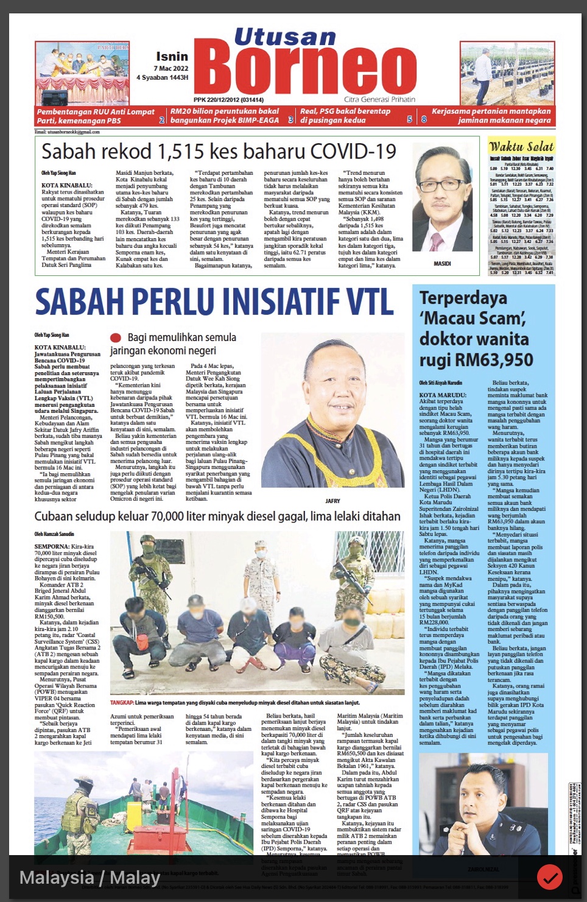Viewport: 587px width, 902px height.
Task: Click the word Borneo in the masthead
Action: pyautogui.click(x=304, y=70)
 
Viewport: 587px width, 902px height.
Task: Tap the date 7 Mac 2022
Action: pyautogui.click(x=170, y=68)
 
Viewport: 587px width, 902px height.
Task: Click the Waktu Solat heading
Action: pyautogui.click(x=521, y=146)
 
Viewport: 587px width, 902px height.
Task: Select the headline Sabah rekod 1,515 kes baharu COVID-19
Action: pyautogui.click(x=219, y=152)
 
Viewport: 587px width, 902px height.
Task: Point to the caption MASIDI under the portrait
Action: pyautogui.click(x=442, y=264)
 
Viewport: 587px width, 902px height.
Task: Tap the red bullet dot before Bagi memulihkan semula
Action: pyautogui.click(x=115, y=338)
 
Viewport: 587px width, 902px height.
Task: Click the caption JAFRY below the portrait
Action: pyautogui.click(x=332, y=501)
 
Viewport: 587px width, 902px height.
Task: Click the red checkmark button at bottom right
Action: pyautogui.click(x=549, y=878)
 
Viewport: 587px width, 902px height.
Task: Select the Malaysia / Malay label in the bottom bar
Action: pyautogui.click(x=90, y=878)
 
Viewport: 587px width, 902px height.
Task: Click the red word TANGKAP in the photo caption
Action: pyautogui.click(x=121, y=702)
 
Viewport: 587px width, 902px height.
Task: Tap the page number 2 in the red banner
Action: pyautogui.click(x=162, y=120)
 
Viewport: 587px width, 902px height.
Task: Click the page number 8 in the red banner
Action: pyautogui.click(x=424, y=120)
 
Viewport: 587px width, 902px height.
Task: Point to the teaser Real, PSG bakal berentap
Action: pyautogui.click(x=345, y=111)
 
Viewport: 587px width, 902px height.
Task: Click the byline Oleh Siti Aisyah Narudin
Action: pyautogui.click(x=440, y=383)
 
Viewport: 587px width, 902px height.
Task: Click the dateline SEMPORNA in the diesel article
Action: pyautogui.click(x=52, y=547)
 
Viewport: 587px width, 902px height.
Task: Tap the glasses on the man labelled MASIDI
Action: pyautogui.click(x=442, y=186)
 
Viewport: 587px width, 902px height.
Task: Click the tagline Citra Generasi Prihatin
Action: pyautogui.click(x=379, y=99)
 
